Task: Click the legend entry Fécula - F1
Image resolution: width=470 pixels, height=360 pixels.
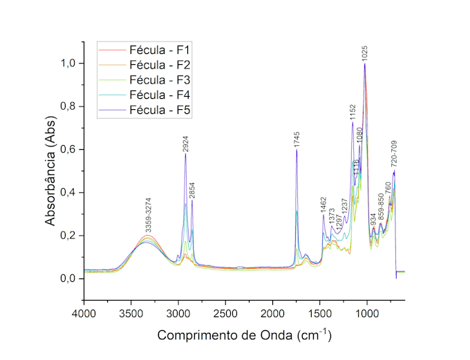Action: click(160, 50)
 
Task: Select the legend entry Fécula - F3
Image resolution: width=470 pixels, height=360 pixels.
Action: click(160, 80)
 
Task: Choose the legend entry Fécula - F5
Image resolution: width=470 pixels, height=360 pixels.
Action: click(160, 110)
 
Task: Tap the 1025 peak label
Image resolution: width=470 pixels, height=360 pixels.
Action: click(364, 54)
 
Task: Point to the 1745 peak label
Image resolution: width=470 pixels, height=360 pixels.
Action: click(297, 140)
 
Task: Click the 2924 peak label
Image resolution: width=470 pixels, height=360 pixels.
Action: click(185, 144)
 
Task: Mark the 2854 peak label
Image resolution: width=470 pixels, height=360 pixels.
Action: click(192, 190)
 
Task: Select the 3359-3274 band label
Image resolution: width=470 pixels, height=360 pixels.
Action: click(149, 215)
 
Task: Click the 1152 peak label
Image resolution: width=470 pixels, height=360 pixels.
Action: click(352, 113)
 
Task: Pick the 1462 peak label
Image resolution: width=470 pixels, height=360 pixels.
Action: click(323, 205)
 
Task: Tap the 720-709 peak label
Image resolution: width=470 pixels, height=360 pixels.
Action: click(394, 154)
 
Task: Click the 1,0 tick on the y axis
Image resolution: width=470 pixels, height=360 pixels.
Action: click(68, 64)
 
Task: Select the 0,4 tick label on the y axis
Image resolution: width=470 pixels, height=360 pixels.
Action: click(68, 193)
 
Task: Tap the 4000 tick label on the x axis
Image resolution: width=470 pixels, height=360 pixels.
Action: click(84, 314)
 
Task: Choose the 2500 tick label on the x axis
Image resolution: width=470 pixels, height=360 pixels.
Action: click(225, 314)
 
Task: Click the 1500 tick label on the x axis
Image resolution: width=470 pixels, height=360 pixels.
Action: click(320, 314)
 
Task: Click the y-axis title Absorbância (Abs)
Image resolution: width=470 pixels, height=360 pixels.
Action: click(50, 171)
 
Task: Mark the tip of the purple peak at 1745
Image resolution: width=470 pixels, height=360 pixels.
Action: click(297, 149)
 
